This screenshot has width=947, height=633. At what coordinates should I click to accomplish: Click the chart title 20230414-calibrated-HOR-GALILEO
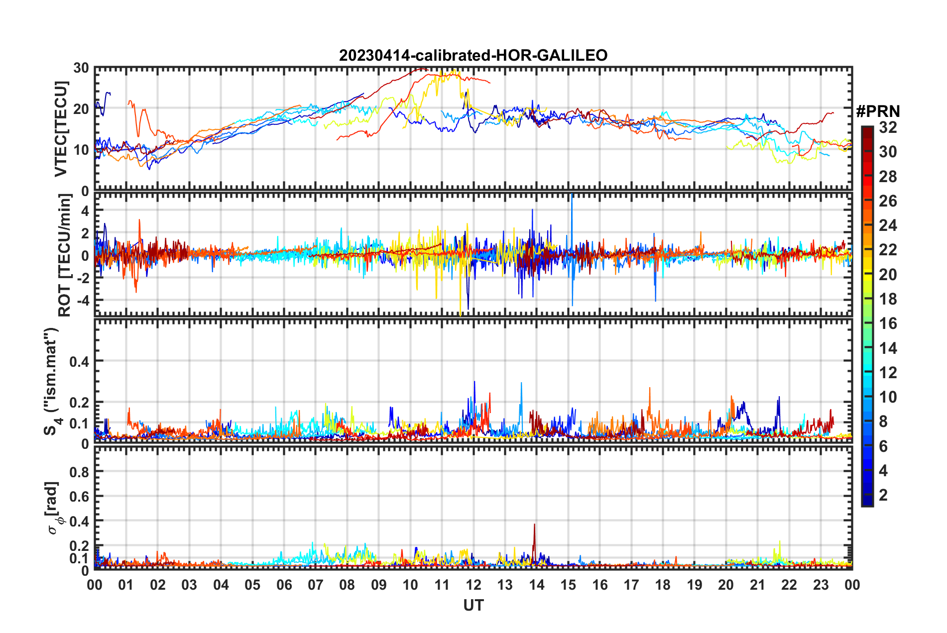click(473, 55)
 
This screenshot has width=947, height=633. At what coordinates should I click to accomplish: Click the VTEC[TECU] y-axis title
click(61, 129)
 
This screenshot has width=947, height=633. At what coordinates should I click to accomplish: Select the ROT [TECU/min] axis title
click(64, 255)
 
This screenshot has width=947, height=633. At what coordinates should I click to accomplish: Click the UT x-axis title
click(473, 605)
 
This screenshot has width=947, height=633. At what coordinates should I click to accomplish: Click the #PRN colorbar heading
click(878, 111)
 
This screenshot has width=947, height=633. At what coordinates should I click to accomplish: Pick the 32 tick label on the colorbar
click(888, 127)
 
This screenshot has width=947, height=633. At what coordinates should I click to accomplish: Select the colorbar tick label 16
click(888, 323)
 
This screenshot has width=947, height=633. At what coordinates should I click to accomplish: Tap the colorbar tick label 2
click(883, 495)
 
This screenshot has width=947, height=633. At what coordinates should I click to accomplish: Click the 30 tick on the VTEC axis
click(81, 68)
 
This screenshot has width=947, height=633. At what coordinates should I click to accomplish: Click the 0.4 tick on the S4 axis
click(79, 361)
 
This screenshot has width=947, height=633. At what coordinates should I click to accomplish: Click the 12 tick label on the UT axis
click(473, 585)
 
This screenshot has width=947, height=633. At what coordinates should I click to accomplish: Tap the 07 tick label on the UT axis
click(316, 585)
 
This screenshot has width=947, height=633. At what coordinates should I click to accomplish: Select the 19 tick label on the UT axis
click(695, 585)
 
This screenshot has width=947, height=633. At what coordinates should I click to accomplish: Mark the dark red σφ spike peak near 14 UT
click(534, 524)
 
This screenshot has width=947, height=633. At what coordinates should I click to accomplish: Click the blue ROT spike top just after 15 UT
click(572, 195)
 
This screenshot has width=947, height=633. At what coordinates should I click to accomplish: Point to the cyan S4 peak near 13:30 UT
click(521, 383)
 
